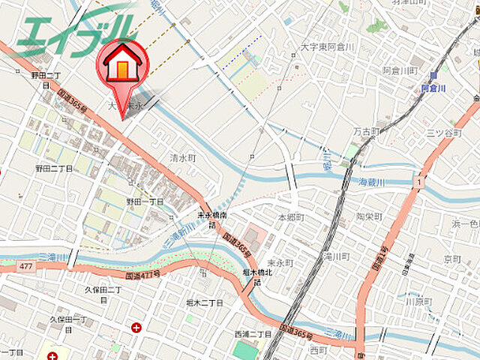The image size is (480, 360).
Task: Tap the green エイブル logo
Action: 75,30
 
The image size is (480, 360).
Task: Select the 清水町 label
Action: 182,158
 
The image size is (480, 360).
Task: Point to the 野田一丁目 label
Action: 145,202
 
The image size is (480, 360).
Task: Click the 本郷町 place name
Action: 292,217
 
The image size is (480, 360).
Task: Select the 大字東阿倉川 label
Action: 326,46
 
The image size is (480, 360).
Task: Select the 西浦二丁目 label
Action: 253,333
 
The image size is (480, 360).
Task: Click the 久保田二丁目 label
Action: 103,289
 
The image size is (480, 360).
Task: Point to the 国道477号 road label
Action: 143,276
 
